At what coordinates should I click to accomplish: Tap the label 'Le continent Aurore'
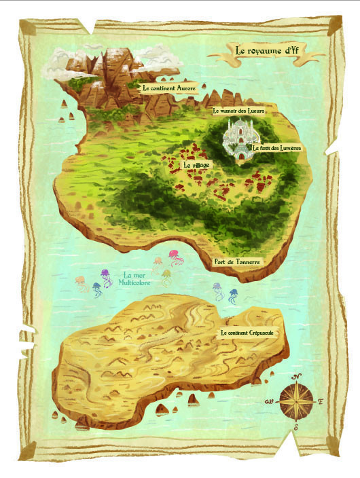point(169,88)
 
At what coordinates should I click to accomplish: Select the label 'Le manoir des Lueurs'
point(238,110)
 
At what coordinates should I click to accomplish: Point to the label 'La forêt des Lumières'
point(276,147)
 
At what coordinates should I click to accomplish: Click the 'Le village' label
point(196,165)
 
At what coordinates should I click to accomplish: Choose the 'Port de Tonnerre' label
point(237,261)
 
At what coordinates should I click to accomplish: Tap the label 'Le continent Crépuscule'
point(251,333)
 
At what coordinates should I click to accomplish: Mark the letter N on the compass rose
point(298,374)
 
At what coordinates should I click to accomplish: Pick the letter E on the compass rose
point(320,402)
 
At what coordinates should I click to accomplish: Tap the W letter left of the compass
point(269,402)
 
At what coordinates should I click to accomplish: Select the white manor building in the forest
point(240,139)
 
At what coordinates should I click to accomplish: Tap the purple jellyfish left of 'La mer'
point(106,276)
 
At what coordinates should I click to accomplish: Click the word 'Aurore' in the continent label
point(185,88)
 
